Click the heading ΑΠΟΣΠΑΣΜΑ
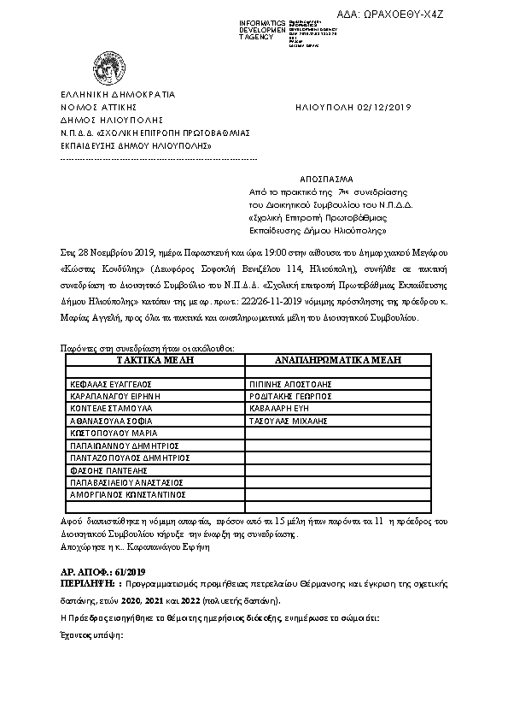coord(325,180)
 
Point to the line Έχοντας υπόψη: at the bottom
coord(92,636)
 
